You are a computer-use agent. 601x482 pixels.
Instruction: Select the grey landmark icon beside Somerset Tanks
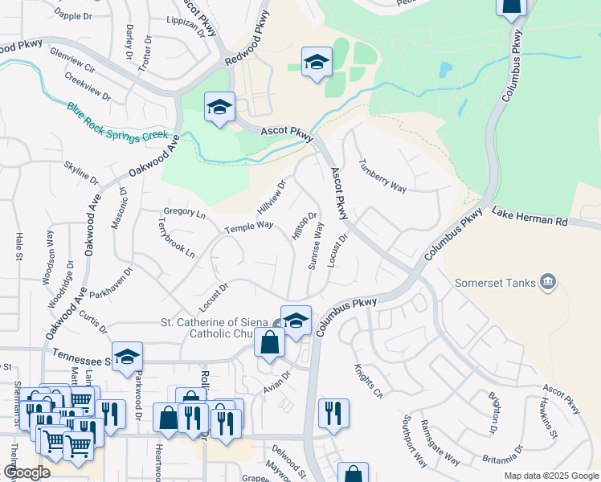click(x=548, y=282)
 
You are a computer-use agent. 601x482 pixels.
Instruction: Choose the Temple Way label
click(x=249, y=227)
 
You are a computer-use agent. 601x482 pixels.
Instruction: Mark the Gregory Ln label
click(x=184, y=214)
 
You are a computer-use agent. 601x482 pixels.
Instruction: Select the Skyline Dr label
click(x=80, y=171)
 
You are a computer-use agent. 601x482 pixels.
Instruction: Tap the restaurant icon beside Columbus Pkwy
click(x=333, y=414)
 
